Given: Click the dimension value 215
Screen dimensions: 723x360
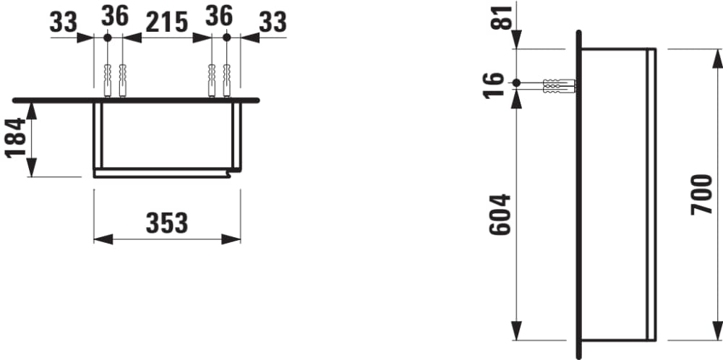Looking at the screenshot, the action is click(167, 22).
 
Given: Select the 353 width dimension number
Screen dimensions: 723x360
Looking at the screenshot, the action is click(167, 223).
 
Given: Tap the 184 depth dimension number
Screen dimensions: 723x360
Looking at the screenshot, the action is click(15, 138).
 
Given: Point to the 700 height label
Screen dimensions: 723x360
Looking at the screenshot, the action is click(702, 194).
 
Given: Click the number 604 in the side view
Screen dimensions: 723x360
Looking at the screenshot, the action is click(500, 215).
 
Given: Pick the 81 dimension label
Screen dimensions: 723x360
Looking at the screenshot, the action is click(502, 17).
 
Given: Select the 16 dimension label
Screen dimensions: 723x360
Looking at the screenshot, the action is click(493, 86).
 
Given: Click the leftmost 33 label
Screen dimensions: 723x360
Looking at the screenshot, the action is click(63, 22).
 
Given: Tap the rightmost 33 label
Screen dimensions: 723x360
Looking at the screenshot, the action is click(273, 22).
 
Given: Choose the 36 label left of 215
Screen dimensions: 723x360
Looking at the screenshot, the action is click(115, 16).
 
